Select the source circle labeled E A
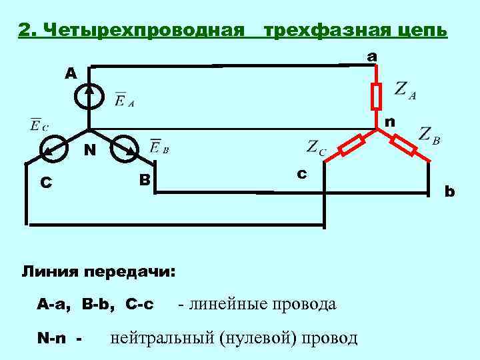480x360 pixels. [89, 97]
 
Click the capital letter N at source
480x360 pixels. [88, 151]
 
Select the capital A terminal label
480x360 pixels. [71, 73]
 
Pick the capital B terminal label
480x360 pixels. [144, 180]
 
